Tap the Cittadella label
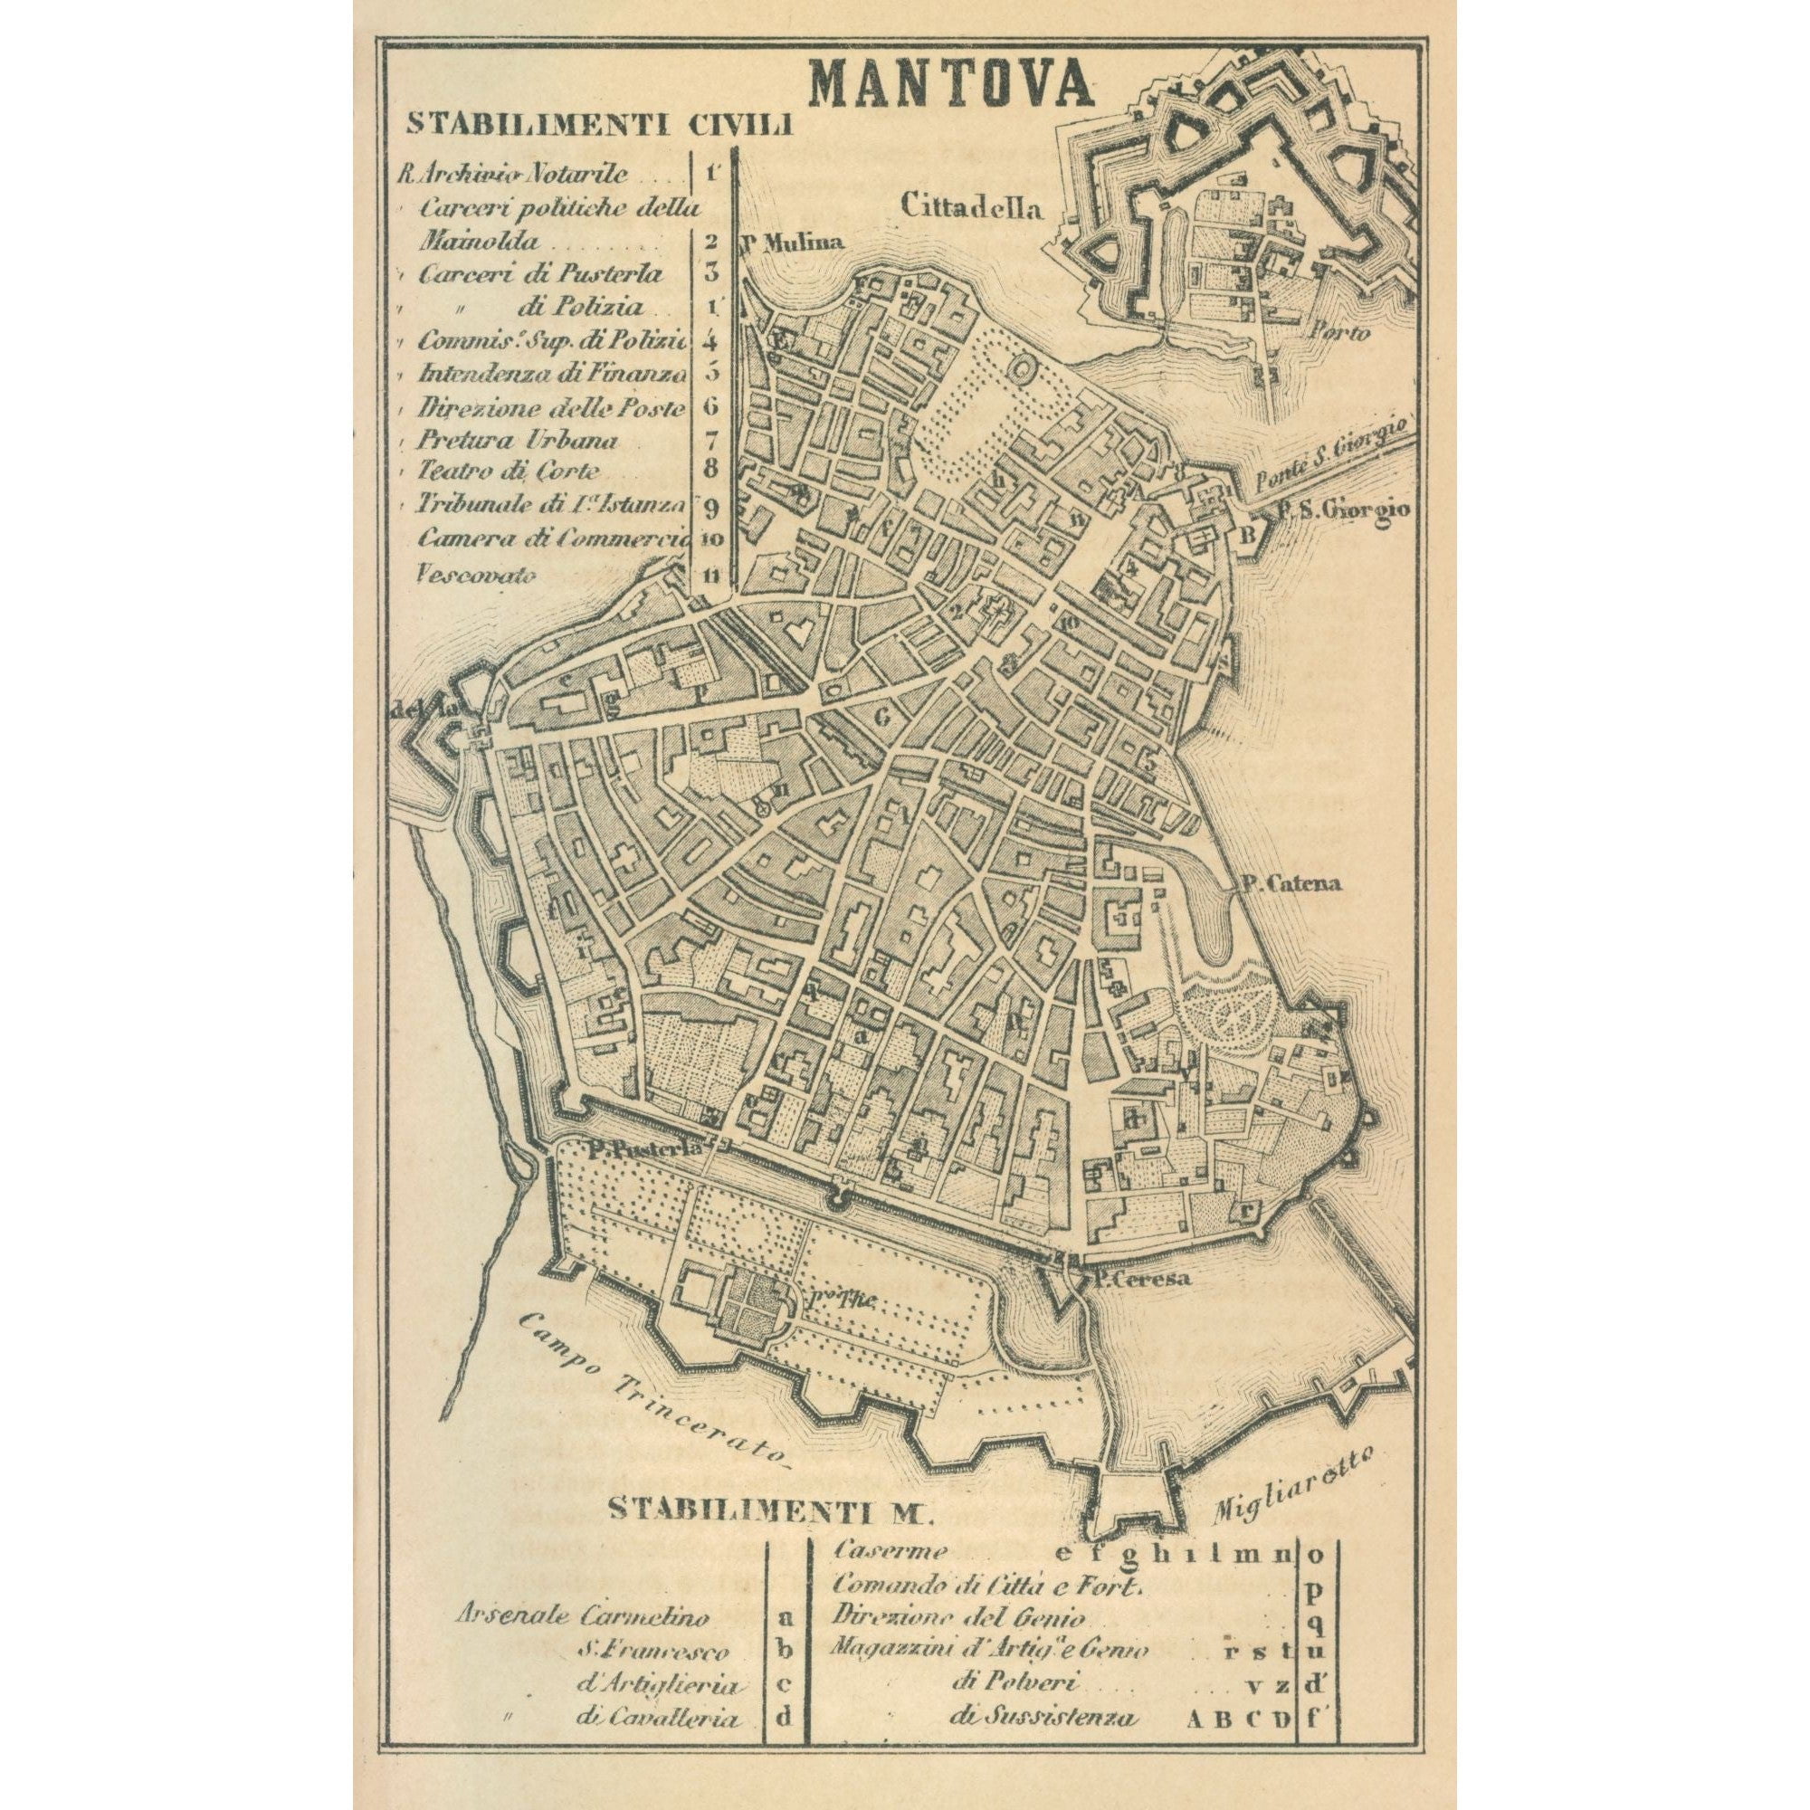pyautogui.click(x=970, y=206)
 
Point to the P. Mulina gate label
pyautogui.click(x=793, y=242)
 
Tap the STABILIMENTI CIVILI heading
pyautogui.click(x=600, y=125)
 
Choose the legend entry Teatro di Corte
pyautogui.click(x=509, y=472)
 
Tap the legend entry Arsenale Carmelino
pyautogui.click(x=583, y=1616)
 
